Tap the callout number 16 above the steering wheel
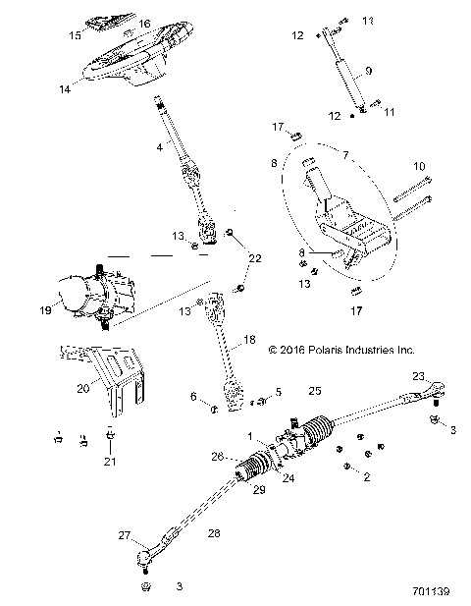pos(144,23)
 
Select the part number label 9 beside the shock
pos(368,71)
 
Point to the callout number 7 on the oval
pos(345,156)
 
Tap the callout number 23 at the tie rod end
pos(417,375)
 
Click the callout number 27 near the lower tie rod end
pos(151,536)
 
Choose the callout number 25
pos(288,391)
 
